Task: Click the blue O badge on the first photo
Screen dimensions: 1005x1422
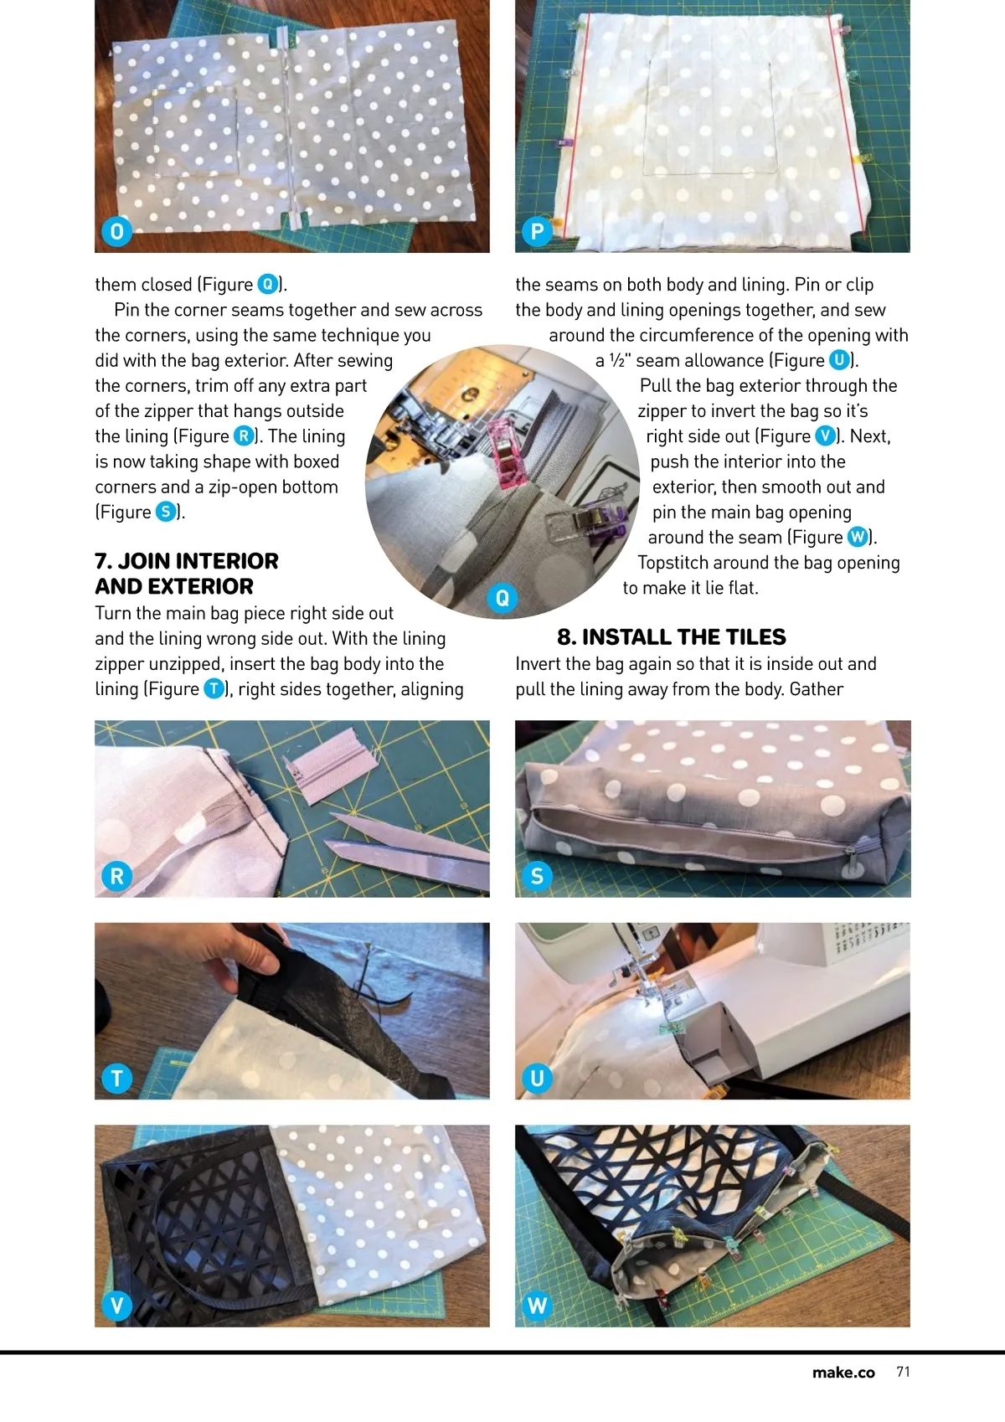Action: pos(116,231)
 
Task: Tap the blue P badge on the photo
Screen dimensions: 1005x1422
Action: pos(537,231)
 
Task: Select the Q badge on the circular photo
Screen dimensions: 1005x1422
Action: pos(502,597)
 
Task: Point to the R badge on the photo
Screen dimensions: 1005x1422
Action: pos(116,876)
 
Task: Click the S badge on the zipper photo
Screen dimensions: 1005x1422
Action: pos(537,876)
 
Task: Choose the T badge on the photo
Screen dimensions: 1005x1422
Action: pos(116,1078)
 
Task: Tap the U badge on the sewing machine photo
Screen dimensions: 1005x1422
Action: pos(537,1078)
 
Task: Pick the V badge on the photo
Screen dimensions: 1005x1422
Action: pos(116,1306)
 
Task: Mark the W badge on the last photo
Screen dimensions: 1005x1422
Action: pos(537,1306)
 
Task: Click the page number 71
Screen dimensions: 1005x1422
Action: pos(903,1372)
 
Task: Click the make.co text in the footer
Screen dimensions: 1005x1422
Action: pos(843,1373)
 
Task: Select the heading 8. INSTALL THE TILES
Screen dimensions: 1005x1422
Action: pos(671,636)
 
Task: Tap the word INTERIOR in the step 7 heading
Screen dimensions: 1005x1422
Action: pos(226,561)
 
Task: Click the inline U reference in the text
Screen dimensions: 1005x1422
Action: pos(839,361)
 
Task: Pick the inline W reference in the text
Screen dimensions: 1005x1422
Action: pos(858,538)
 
